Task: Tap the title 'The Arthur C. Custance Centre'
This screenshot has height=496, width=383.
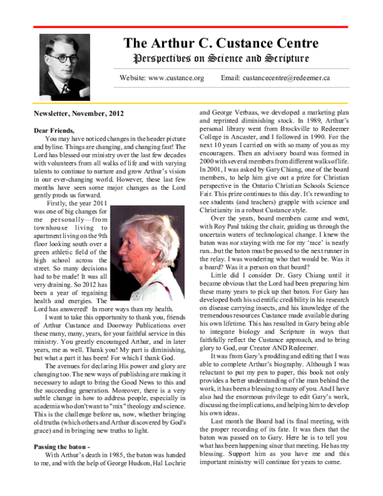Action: (x=220, y=43)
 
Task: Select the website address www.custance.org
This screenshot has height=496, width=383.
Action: (x=175, y=78)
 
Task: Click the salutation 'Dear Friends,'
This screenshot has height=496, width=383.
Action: (x=54, y=130)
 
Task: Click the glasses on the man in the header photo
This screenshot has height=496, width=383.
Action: (x=64, y=58)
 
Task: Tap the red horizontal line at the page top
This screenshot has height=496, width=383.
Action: (x=191, y=27)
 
